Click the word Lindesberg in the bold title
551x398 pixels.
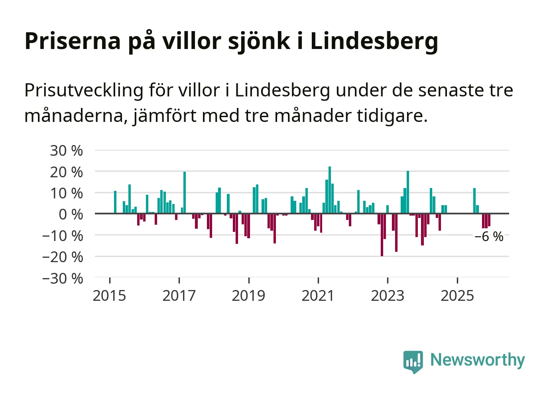374,41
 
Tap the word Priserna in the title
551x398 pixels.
73,41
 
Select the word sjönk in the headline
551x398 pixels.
259,41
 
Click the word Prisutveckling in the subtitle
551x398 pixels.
84,91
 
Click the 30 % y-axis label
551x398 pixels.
66,151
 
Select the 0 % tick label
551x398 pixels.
71,214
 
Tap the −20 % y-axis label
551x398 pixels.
63,257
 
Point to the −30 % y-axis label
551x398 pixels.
63,278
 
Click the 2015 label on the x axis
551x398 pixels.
109,296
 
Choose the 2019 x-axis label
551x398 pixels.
248,296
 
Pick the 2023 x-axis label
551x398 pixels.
388,296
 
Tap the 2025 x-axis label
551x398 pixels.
457,296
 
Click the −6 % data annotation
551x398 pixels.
489,237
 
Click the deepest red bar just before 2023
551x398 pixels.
382,235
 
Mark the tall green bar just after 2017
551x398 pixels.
185,192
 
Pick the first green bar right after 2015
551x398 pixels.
115,202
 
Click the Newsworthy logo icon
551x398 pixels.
413,361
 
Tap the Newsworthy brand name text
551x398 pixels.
478,360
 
